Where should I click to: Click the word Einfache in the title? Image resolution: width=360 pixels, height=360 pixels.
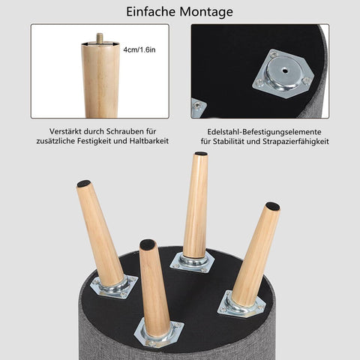[x=151, y=11]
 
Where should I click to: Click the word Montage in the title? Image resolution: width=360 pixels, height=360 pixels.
[x=206, y=13]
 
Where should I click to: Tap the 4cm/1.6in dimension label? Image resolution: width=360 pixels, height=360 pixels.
[x=139, y=49]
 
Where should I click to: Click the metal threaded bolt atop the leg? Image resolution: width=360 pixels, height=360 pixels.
[x=100, y=37]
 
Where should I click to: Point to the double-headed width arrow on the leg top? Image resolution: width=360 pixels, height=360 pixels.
[x=100, y=44]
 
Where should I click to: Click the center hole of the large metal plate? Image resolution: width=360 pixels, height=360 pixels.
[x=285, y=70]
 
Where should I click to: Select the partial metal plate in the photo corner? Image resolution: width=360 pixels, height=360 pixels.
[x=198, y=108]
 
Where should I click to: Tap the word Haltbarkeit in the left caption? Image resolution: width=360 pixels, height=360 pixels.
[x=149, y=141]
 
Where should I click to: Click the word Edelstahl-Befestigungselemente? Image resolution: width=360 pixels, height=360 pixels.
[x=264, y=132]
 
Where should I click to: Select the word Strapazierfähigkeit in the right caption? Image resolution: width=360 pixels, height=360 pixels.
[x=295, y=142]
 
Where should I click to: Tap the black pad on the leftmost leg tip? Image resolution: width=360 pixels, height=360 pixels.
[x=83, y=184]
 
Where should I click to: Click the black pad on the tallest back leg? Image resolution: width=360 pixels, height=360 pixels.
[x=201, y=154]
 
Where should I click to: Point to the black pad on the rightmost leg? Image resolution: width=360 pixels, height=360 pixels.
[x=273, y=206]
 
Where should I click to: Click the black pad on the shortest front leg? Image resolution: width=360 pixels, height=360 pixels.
[x=147, y=244]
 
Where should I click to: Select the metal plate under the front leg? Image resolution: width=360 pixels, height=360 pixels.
[x=159, y=331]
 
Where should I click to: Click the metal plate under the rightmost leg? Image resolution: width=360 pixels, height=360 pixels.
[x=241, y=304]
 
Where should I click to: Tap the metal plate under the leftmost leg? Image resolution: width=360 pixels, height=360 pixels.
[x=114, y=287]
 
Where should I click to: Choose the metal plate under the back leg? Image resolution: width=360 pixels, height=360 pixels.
[x=192, y=262]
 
